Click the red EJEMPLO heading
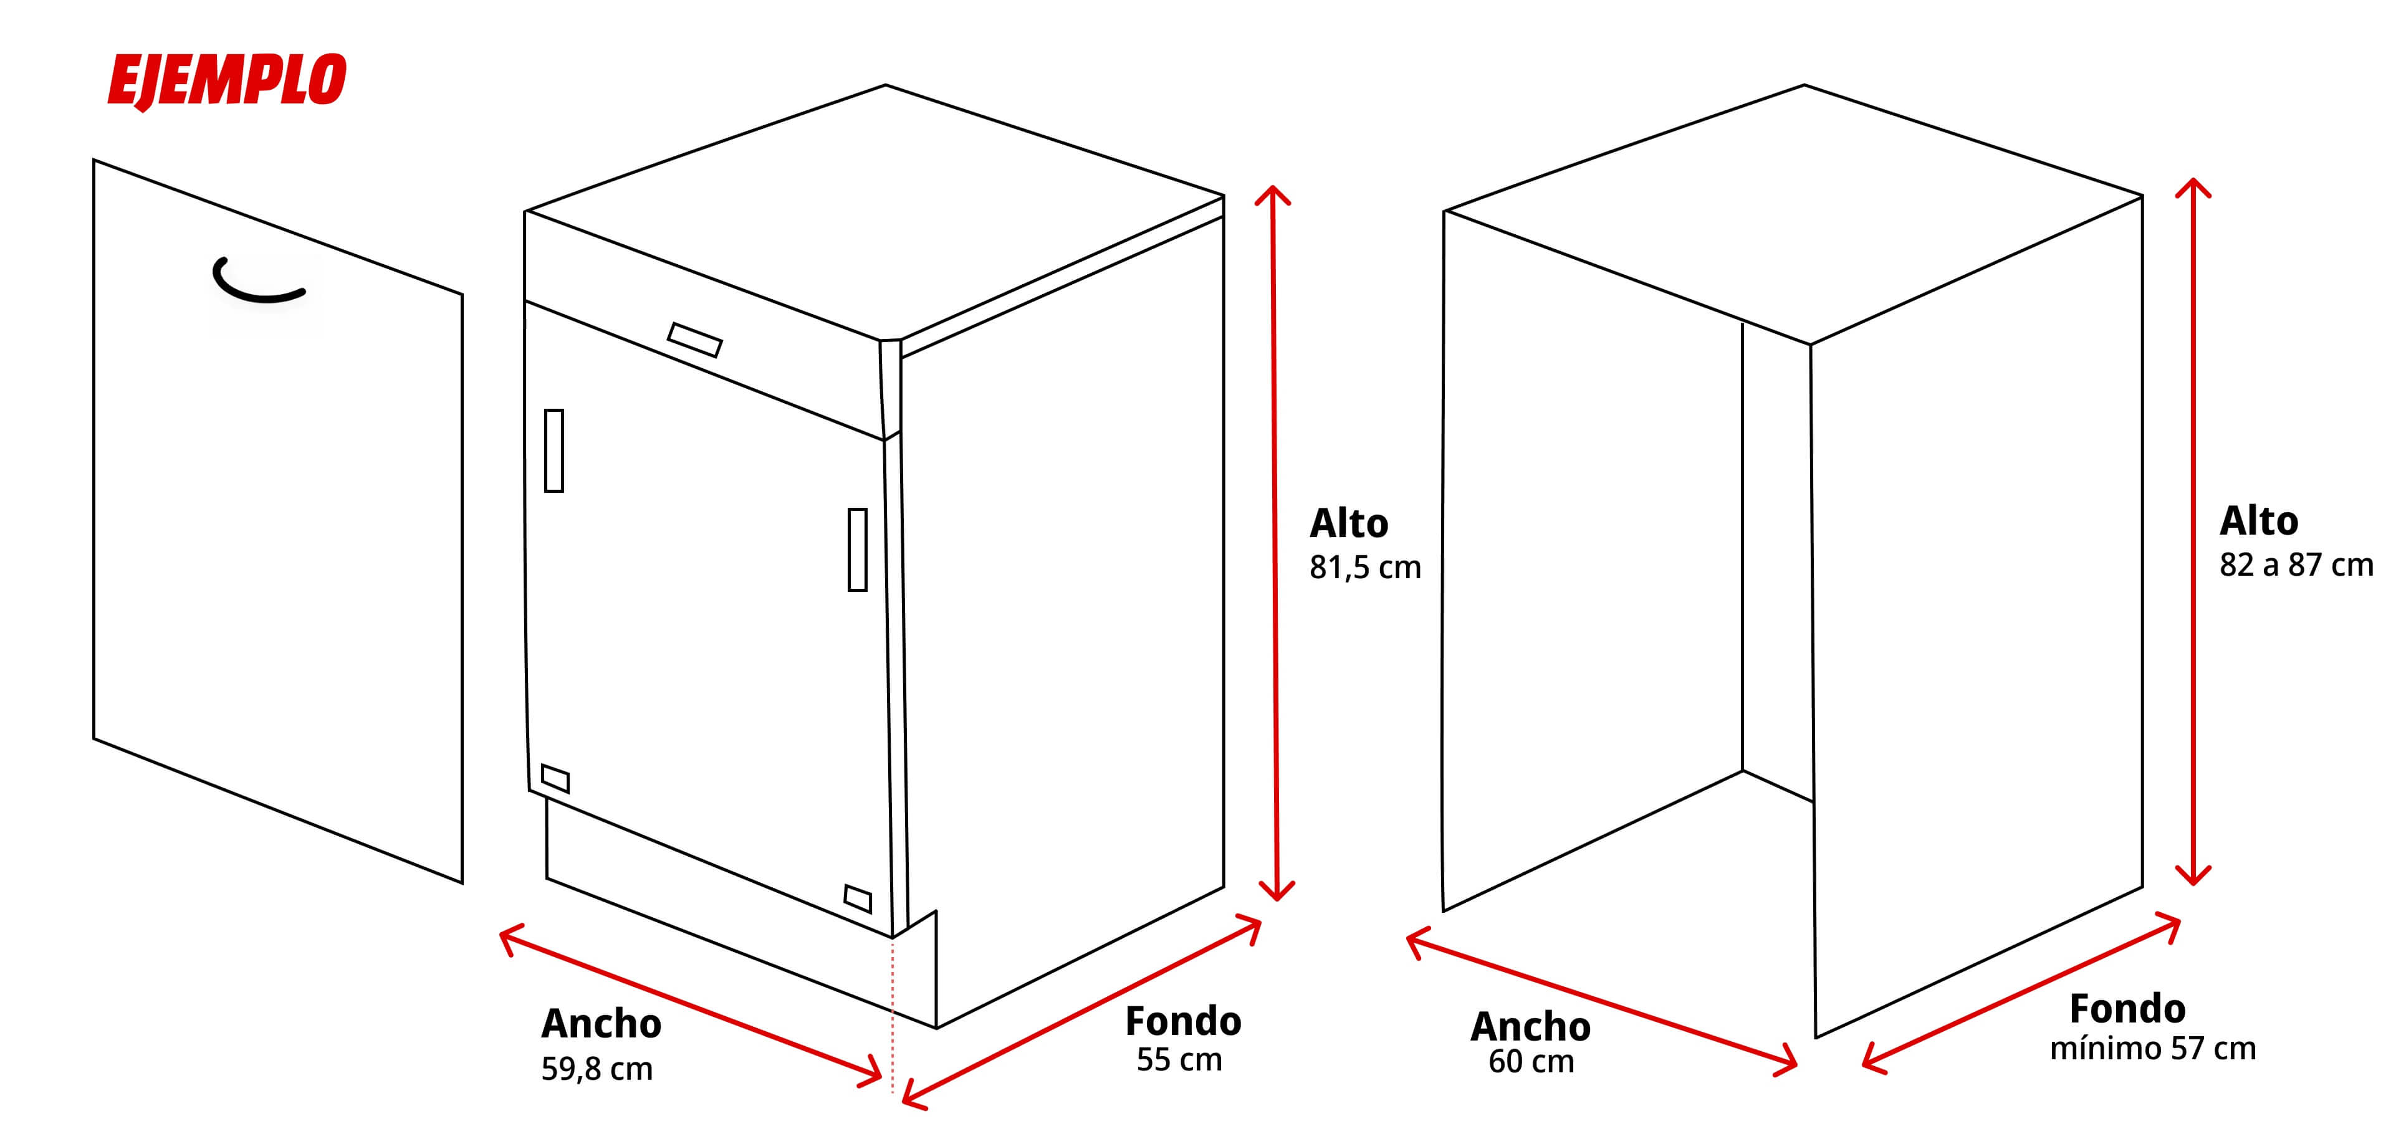coord(227,81)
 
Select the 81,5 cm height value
coord(1364,567)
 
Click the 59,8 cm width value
coord(597,1069)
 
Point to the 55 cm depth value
coord(1179,1060)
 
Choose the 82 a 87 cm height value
coord(2296,565)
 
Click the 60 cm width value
coord(1531,1062)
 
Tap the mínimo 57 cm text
coord(2152,1049)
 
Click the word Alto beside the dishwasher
coord(1349,523)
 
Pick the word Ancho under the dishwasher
coord(601,1024)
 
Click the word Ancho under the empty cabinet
coord(1530,1026)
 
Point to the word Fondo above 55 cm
coord(1182,1021)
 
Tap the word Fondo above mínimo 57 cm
coord(2127,1009)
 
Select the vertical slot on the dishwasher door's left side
coord(553,450)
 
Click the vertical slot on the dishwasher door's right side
coord(858,550)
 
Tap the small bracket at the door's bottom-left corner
coord(554,778)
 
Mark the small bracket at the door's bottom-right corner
coord(858,899)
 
